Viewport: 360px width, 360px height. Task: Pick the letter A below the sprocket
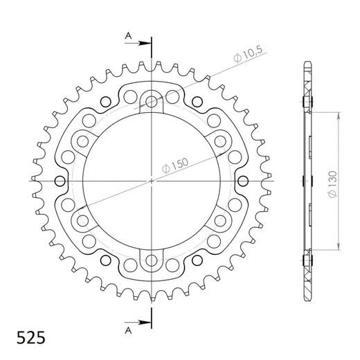click(x=127, y=328)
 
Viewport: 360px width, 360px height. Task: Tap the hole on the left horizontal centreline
click(x=60, y=181)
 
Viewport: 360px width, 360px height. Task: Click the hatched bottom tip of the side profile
click(x=306, y=296)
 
